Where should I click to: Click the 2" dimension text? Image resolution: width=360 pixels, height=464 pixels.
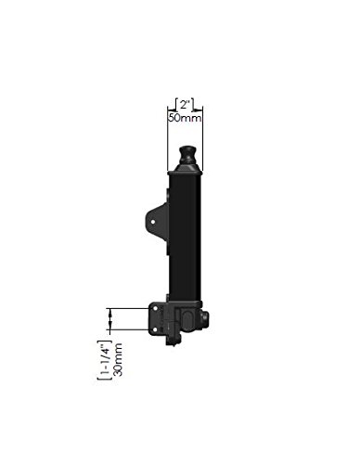(x=185, y=105)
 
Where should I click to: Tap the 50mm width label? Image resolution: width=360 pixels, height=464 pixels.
(x=185, y=118)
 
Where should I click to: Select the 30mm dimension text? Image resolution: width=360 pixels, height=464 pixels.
(x=118, y=359)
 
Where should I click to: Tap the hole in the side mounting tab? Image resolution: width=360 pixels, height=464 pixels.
(x=153, y=222)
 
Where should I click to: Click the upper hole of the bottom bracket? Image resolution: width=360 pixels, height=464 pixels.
(x=155, y=308)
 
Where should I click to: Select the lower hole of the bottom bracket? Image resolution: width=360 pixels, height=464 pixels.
(x=155, y=329)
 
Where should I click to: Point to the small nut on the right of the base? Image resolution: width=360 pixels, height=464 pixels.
(x=205, y=318)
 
